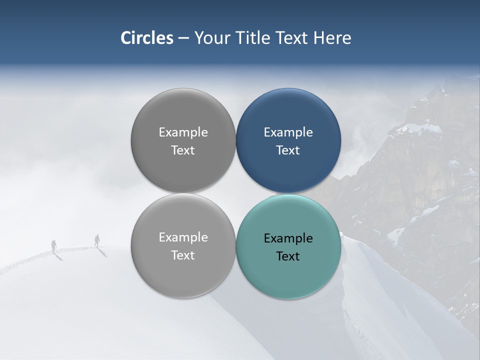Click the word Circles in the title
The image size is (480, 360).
pyautogui.click(x=147, y=38)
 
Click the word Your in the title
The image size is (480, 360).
pyautogui.click(x=212, y=38)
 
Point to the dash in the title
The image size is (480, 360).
pyautogui.click(x=183, y=38)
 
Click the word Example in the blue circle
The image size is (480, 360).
pyautogui.click(x=288, y=132)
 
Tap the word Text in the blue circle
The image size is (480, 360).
pyautogui.click(x=288, y=150)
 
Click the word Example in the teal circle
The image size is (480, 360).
pyautogui.click(x=288, y=238)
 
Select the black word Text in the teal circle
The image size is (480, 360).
pyautogui.click(x=288, y=256)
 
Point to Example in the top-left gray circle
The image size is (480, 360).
pyautogui.click(x=183, y=132)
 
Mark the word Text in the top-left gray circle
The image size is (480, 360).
pyautogui.click(x=183, y=150)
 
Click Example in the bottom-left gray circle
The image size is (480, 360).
pyautogui.click(x=183, y=237)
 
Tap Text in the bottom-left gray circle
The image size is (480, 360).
pyautogui.click(x=183, y=255)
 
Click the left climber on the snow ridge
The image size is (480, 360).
pyautogui.click(x=54, y=245)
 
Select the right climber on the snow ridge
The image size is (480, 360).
pyautogui.click(x=97, y=240)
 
